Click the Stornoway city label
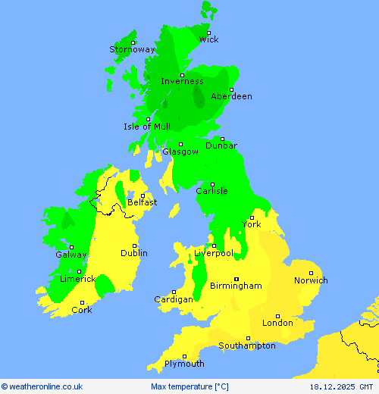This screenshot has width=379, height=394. tap(132, 49)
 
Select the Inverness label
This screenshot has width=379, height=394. tap(182, 81)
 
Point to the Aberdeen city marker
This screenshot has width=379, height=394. tap(231, 89)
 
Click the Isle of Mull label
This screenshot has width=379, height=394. tap(147, 127)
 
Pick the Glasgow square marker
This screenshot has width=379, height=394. tap(180, 144)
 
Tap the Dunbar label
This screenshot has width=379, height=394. tap(221, 145)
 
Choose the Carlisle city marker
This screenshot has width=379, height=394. tap(212, 183)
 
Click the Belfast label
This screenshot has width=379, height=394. tap(142, 202)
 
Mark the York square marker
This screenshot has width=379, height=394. tap(252, 217)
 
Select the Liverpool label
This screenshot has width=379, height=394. tap(213, 253)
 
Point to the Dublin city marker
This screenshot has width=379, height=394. tap(135, 245)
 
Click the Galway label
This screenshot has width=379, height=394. tap(70, 255)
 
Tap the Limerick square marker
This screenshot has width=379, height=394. tap(79, 270)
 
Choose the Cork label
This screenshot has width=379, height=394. tap(81, 310)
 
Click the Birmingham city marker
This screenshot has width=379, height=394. tap(236, 278)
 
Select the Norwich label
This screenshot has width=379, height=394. tap(311, 280)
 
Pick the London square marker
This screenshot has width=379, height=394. tap(277, 316)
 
